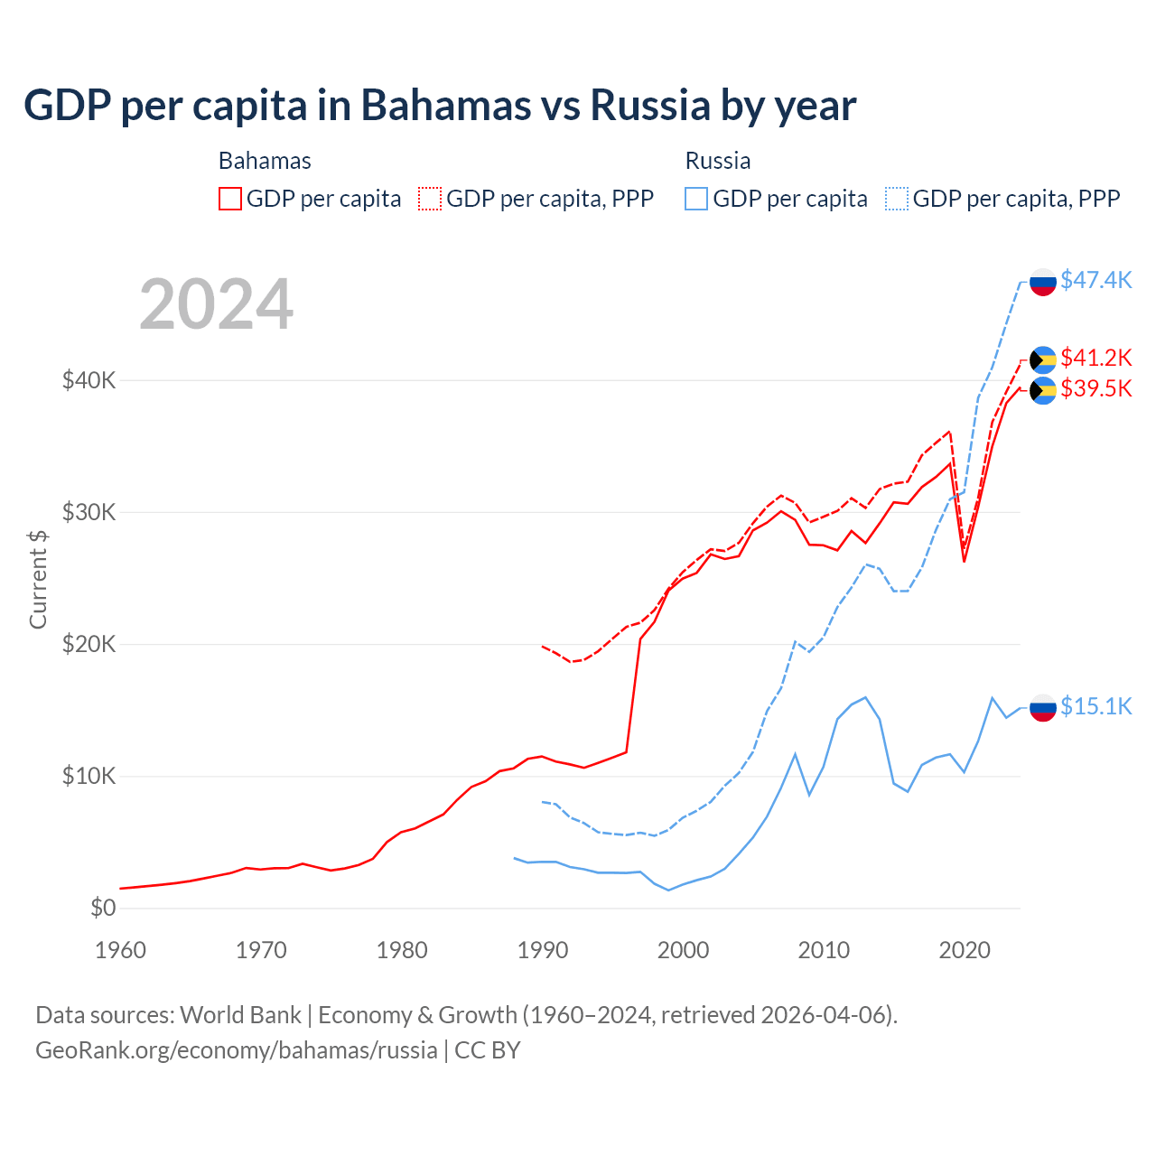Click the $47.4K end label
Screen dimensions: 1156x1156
(1095, 280)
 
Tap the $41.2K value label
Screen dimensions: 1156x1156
(1095, 358)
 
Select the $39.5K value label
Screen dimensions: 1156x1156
(1095, 388)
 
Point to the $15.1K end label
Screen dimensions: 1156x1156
(1095, 706)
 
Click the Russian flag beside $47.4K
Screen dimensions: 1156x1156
(1043, 282)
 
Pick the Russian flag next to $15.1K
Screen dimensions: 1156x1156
(1043, 708)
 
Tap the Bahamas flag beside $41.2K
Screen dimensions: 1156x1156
(1043, 359)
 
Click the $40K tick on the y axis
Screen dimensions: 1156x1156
(89, 380)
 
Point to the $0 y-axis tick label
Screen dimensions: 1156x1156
(103, 908)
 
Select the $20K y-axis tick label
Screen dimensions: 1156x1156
(89, 644)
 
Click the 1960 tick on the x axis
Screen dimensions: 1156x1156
(120, 950)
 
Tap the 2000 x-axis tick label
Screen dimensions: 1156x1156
(683, 950)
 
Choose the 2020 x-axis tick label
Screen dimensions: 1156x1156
(965, 950)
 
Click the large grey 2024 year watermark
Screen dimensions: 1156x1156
(216, 304)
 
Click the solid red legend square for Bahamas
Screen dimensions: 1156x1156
(230, 199)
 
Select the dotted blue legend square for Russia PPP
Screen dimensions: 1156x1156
(897, 199)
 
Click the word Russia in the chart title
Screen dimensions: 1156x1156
(650, 106)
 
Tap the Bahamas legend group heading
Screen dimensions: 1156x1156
(265, 161)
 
